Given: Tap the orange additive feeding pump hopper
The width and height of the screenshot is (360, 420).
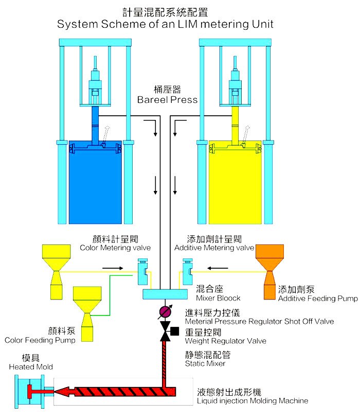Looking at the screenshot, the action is (269, 272).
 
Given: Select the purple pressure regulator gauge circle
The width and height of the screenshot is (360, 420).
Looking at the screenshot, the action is (165, 312).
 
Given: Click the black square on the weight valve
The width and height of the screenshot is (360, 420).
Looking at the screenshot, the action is (174, 331).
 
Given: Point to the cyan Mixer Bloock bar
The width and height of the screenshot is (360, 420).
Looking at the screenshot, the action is (165, 294).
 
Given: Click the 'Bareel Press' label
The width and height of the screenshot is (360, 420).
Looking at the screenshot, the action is (167, 100).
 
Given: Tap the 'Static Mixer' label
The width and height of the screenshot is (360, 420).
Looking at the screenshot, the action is (205, 363).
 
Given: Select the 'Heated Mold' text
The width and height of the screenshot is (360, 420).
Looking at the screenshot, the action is (31, 366).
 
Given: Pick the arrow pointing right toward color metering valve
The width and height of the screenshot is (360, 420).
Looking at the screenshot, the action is (113, 268).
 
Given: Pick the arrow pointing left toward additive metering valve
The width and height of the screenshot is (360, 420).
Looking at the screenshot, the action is (218, 268).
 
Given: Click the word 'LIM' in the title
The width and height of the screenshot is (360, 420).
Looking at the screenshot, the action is (187, 24).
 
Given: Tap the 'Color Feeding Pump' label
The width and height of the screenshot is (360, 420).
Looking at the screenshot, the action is (40, 340).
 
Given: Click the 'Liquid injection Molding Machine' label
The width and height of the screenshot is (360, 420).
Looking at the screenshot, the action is (253, 401).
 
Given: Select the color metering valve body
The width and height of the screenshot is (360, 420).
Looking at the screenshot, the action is (142, 272).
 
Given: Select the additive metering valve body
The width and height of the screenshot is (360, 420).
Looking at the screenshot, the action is (187, 272).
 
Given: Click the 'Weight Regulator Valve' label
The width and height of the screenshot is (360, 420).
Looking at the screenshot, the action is (226, 341).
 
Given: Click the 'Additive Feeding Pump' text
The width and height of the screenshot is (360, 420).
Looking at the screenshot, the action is (318, 299).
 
